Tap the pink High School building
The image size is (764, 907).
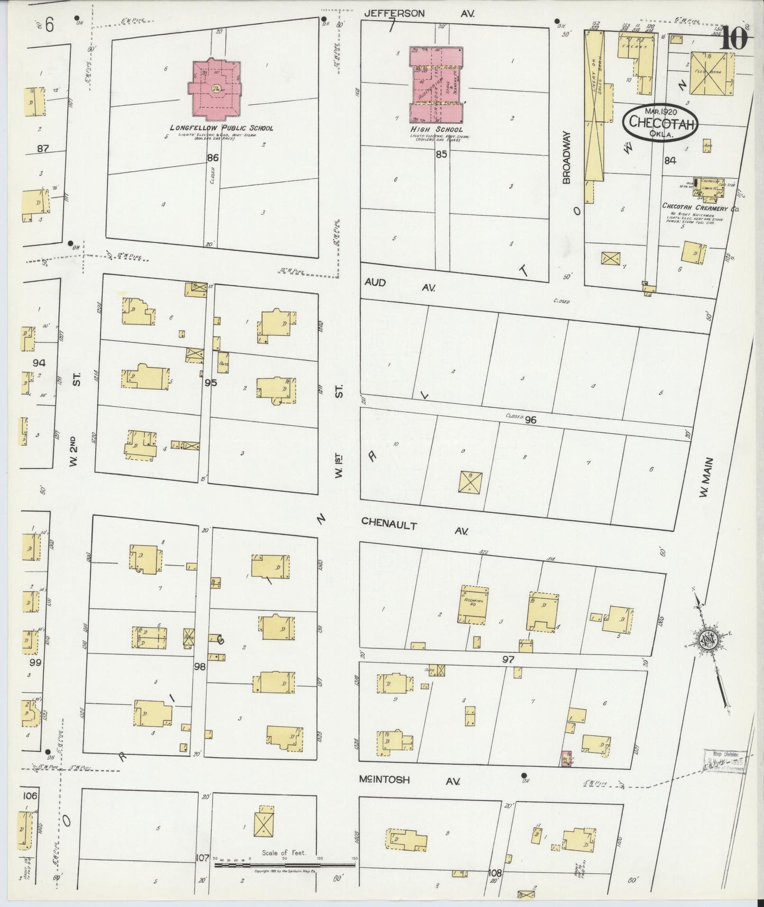click(437, 84)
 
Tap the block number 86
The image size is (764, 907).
click(213, 158)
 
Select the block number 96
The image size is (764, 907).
click(530, 420)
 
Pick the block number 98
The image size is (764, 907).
click(199, 667)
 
